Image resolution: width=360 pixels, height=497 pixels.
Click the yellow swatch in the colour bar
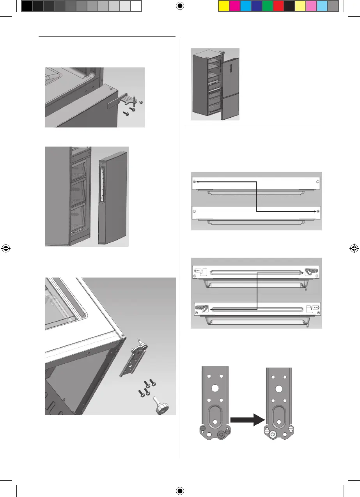223,6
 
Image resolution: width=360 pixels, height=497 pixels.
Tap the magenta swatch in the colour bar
234,6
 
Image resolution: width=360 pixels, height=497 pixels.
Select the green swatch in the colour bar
267,6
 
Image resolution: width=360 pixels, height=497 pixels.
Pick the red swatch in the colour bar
278,6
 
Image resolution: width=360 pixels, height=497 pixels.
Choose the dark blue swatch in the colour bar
256,6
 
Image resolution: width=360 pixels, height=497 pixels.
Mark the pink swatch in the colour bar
311,6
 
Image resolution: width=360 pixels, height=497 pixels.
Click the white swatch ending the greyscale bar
136,6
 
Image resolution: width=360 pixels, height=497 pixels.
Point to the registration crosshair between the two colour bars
180,5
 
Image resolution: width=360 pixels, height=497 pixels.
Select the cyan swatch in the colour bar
245,6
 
